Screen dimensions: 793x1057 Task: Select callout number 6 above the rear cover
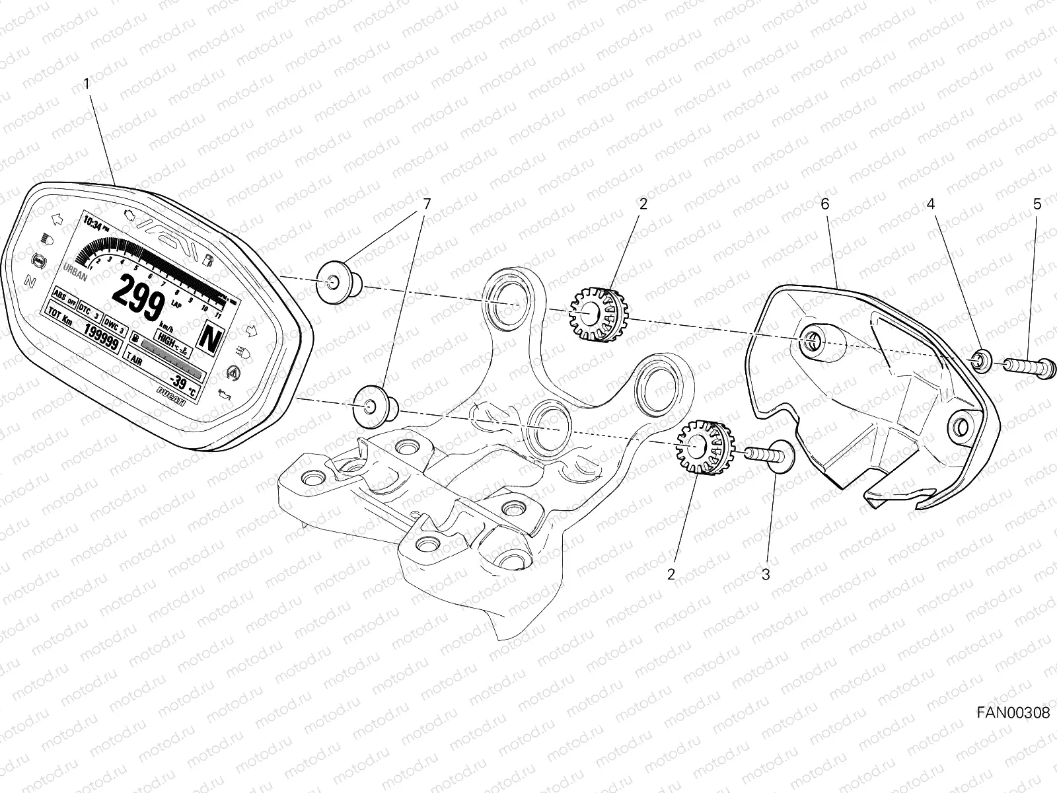(824, 204)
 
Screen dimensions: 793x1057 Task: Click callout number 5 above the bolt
(1037, 204)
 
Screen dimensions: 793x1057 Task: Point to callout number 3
(766, 574)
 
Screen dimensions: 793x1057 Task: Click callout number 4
(930, 204)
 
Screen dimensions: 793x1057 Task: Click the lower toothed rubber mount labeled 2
(702, 448)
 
